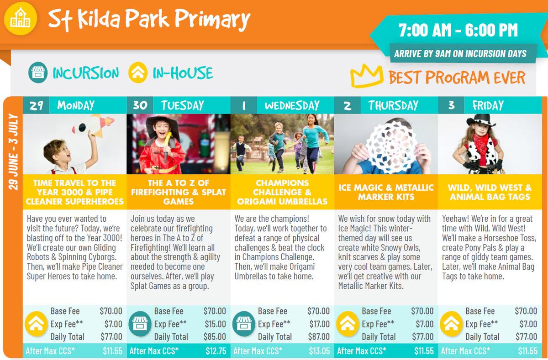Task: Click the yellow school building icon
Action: [x=21, y=19]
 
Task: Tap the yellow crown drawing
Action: [x=366, y=75]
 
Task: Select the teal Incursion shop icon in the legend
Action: [x=37, y=73]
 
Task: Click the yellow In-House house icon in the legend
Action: [x=138, y=73]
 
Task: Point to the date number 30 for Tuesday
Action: [x=140, y=105]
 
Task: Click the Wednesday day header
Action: [x=292, y=105]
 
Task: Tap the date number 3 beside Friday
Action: [x=451, y=105]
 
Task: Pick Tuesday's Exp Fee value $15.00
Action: [x=215, y=324]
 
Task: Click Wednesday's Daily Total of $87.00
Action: [x=319, y=337]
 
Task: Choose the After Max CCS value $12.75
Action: [x=216, y=351]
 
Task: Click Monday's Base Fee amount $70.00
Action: [x=111, y=311]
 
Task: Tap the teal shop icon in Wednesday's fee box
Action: [x=244, y=323]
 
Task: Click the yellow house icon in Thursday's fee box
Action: [x=348, y=323]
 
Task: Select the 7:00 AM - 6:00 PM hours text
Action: [x=458, y=30]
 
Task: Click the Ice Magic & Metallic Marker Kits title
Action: [x=386, y=192]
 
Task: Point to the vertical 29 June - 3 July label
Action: [x=13, y=152]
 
